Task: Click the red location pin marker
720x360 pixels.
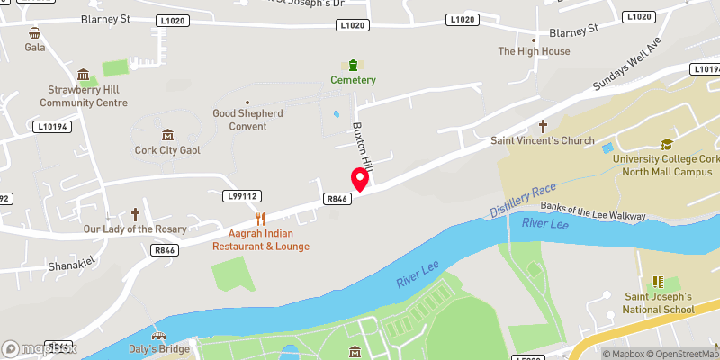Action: click(360, 179)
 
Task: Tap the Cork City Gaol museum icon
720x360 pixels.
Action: click(167, 134)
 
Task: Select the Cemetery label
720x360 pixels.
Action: click(352, 80)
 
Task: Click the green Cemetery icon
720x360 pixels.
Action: click(352, 65)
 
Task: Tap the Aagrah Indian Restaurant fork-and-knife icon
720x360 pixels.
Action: click(261, 218)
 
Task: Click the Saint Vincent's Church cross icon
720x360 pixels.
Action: click(543, 127)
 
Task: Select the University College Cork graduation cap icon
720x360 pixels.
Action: click(667, 144)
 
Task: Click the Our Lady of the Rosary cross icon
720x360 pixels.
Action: click(136, 214)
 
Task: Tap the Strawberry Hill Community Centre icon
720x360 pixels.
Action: click(84, 75)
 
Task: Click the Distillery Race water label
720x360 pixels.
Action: click(524, 199)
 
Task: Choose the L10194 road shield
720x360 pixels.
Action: click(52, 127)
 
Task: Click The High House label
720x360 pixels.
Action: click(534, 51)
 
